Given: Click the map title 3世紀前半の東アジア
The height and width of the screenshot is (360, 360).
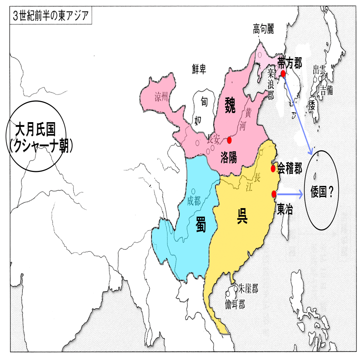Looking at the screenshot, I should click(x=50, y=16).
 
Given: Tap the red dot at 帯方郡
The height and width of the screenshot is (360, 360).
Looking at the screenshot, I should click(x=283, y=73).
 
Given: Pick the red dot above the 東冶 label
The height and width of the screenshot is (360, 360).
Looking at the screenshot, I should click(x=274, y=194).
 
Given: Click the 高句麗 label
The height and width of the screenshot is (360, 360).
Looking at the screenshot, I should click(x=263, y=30).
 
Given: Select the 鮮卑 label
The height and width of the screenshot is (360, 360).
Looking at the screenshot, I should click(x=199, y=70).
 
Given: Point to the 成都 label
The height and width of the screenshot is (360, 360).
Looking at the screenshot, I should click(x=194, y=202).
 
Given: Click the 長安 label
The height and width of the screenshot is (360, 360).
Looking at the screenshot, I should click(x=214, y=139).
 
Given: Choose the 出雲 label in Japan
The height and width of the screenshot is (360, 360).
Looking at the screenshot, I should click(x=319, y=69).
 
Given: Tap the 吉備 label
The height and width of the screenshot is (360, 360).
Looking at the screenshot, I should click(x=327, y=89).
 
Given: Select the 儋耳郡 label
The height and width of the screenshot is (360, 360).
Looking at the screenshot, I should click(x=235, y=304).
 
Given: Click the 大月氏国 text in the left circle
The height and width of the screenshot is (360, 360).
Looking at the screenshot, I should click(x=38, y=130).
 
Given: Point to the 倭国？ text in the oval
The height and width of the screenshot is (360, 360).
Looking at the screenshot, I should click(x=322, y=193).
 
